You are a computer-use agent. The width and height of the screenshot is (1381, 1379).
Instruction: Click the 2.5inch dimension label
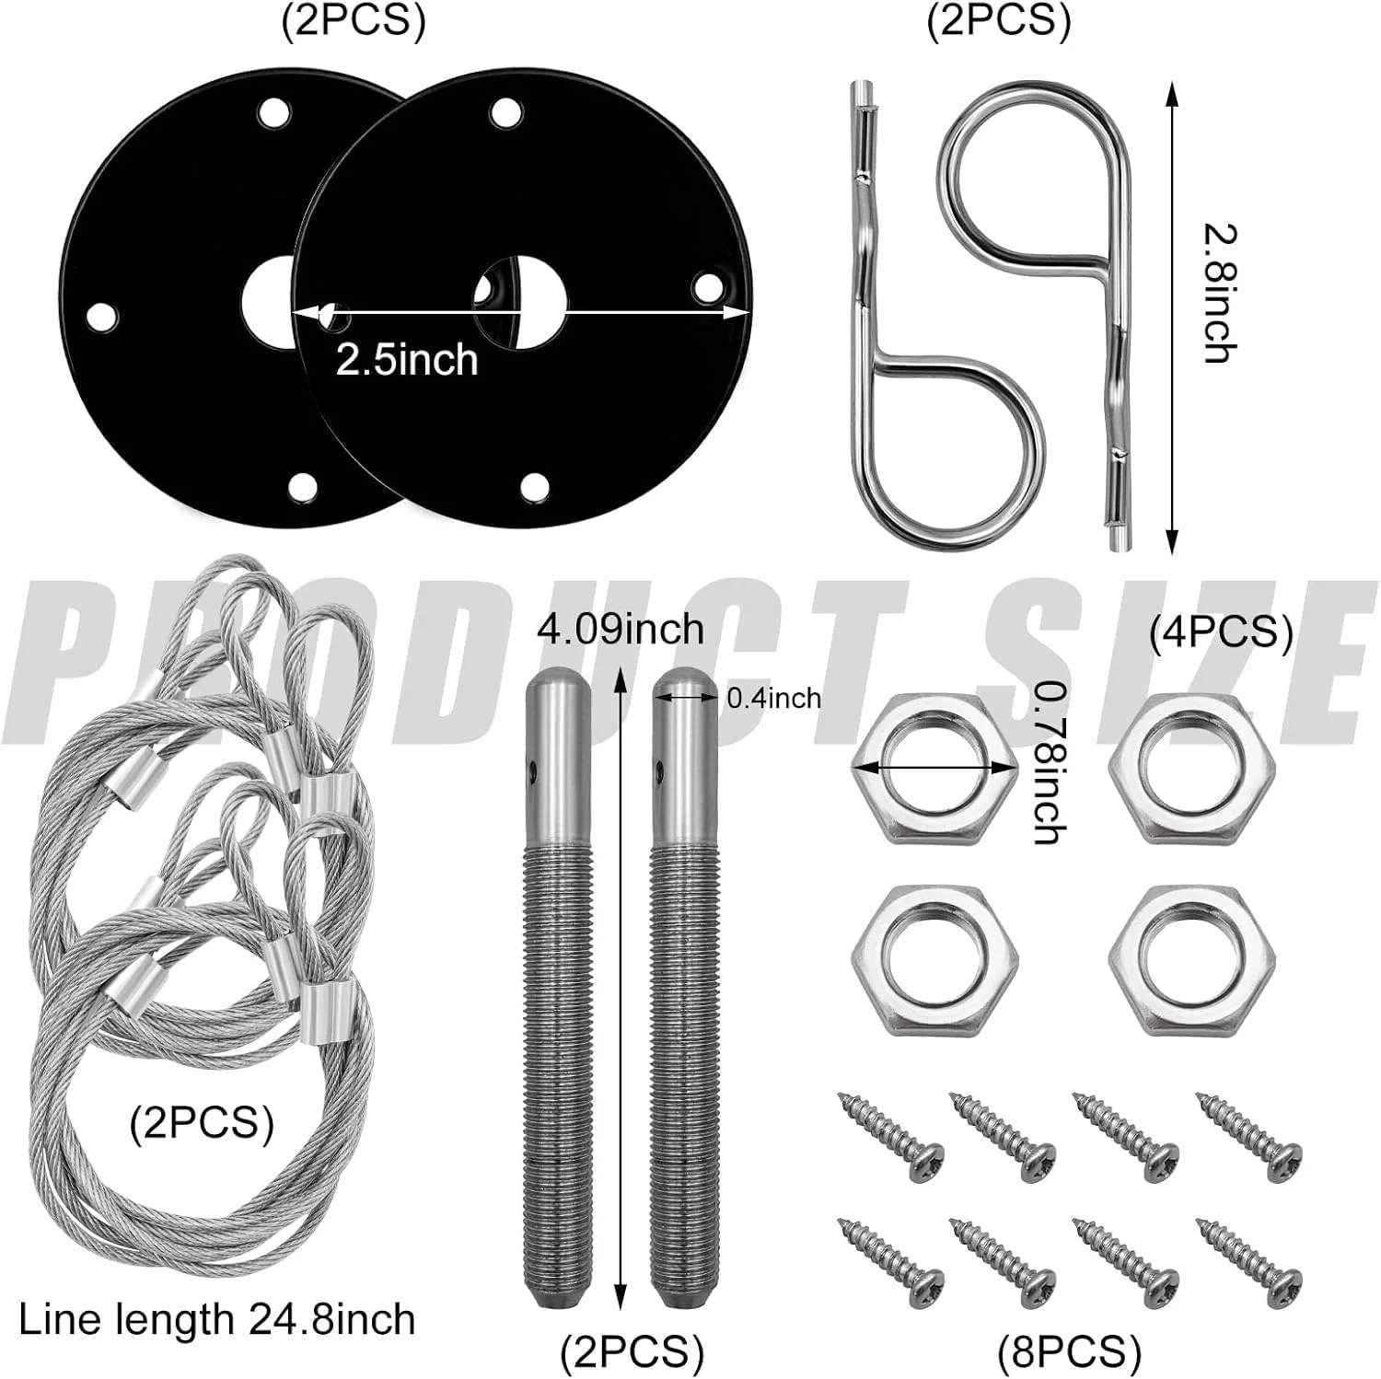tap(407, 359)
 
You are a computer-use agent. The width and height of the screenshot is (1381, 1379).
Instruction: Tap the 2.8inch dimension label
tap(1220, 295)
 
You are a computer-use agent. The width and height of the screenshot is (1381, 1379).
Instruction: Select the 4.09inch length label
tap(621, 630)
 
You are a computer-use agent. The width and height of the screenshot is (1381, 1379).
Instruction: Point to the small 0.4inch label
tap(773, 698)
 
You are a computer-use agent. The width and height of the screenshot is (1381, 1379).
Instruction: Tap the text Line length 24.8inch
tap(217, 1319)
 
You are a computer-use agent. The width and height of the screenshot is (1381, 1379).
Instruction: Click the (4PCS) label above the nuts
tap(1221, 632)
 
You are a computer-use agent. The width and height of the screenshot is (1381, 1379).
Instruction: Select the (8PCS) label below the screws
tap(1069, 1352)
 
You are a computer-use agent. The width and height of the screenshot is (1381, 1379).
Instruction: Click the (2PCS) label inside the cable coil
tap(202, 1123)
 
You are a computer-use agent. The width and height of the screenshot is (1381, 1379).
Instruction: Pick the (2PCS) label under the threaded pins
tap(632, 1352)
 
